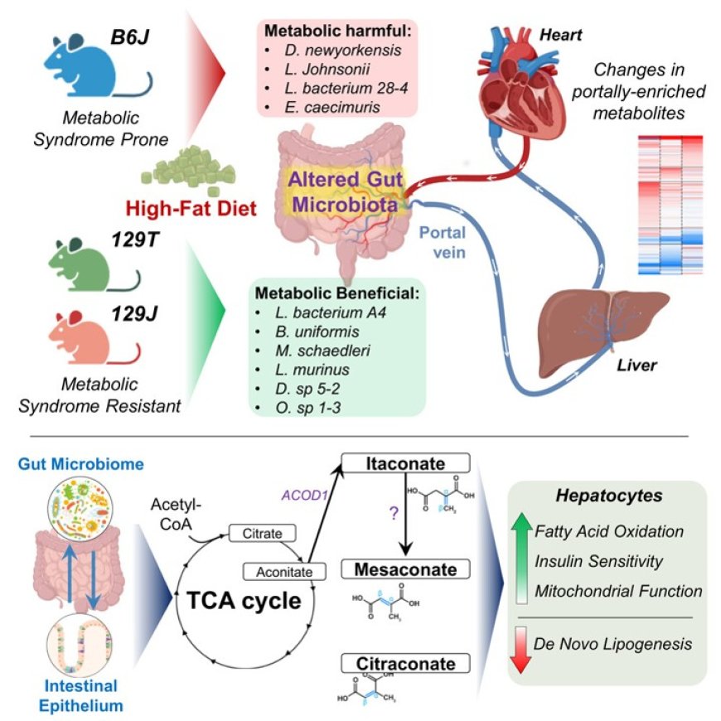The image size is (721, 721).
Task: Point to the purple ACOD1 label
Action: pos(308,496)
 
